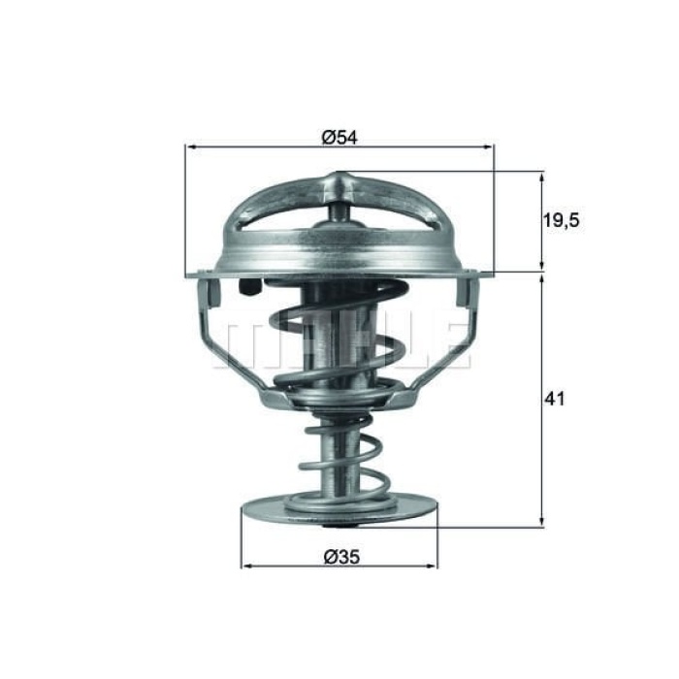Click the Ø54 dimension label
tap(339, 138)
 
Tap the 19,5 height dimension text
tap(560, 221)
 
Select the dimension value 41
tap(555, 399)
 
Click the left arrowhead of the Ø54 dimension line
tap(190, 147)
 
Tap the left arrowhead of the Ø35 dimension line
tap(245, 566)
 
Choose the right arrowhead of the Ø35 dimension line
tap(433, 566)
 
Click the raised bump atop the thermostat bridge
tap(339, 181)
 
